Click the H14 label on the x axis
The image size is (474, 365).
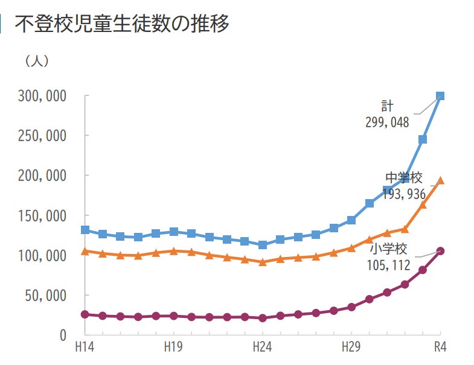click(85, 348)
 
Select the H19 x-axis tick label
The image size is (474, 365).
click(174, 348)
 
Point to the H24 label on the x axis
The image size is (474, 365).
click(262, 348)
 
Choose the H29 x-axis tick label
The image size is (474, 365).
click(351, 348)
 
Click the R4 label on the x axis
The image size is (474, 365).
click(440, 348)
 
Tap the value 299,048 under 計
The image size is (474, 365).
click(387, 122)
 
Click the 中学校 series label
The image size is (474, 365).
click(404, 178)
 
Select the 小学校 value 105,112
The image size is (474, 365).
click(388, 265)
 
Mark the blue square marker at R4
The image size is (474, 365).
click(440, 96)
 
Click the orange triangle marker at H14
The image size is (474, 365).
click(85, 251)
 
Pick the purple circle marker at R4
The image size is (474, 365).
click(440, 251)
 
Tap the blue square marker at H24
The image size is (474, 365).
click(263, 245)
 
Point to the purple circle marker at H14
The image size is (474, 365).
click(85, 314)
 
